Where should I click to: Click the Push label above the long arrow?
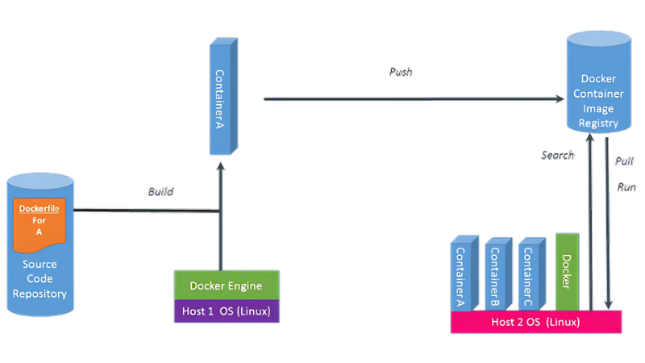401,72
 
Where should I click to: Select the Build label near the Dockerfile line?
160,192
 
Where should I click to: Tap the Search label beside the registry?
557,155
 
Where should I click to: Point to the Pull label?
624,161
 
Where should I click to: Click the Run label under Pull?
626,187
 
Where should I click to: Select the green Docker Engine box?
226,286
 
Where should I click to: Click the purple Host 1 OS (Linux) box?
226,311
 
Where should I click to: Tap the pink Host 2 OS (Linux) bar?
536,322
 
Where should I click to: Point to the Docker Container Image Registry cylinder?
599,85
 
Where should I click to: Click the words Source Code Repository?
40,278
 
